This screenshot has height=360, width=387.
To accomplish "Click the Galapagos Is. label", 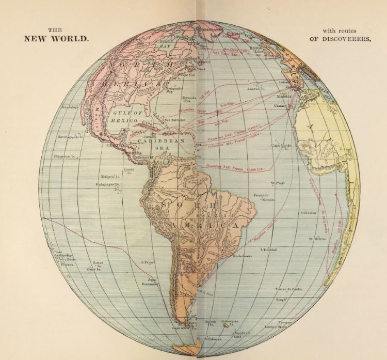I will point(109,183).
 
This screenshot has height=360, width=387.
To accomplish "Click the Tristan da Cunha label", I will point(288,290).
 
